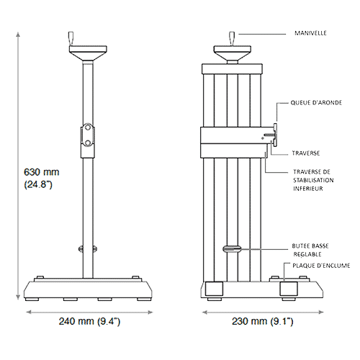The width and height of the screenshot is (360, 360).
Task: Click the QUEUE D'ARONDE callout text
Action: click(x=316, y=103)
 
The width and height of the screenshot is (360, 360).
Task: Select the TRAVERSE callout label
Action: click(x=306, y=153)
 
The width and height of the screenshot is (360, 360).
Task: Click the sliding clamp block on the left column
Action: click(x=87, y=136)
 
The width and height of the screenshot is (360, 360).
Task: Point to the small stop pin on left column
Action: click(x=87, y=249)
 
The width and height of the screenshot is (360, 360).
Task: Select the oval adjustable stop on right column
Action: click(x=233, y=248)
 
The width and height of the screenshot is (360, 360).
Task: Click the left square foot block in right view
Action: click(x=215, y=289)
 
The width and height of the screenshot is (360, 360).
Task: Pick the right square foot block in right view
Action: click(x=289, y=289)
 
